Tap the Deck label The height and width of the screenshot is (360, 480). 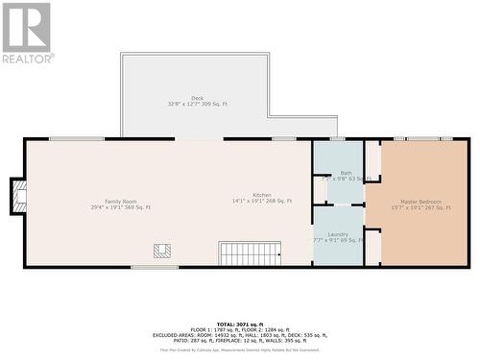197,97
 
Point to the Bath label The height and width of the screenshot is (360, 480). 346,173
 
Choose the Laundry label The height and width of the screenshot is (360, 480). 338,233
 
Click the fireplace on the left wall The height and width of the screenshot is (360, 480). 18,197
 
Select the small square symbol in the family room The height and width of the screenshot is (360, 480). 162,251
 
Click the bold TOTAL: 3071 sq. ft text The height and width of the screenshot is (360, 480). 241,324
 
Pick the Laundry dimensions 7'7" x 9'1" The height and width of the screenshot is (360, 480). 338,240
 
